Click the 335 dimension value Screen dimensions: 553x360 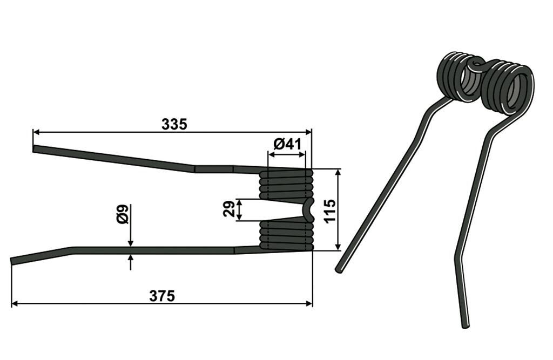click(174, 124)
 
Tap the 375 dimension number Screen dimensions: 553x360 click(162, 296)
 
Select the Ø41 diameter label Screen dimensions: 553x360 click(287, 144)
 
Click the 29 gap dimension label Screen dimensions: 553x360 click(229, 209)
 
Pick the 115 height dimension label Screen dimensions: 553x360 click(330, 210)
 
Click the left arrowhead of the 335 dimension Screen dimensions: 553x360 click(35, 132)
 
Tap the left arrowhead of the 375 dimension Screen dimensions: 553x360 click(15, 303)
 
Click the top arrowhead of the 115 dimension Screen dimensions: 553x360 click(338, 172)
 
